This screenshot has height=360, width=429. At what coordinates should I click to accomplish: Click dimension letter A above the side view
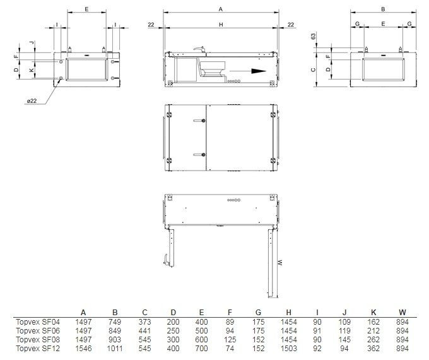point(220,9)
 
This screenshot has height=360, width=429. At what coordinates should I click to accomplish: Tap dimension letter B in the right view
point(383,9)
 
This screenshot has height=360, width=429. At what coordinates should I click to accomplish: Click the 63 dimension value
point(314,37)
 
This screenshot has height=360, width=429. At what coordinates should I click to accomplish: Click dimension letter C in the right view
point(314,70)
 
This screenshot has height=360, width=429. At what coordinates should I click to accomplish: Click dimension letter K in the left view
point(32,71)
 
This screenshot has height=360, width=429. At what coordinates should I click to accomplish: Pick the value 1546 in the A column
point(84,348)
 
